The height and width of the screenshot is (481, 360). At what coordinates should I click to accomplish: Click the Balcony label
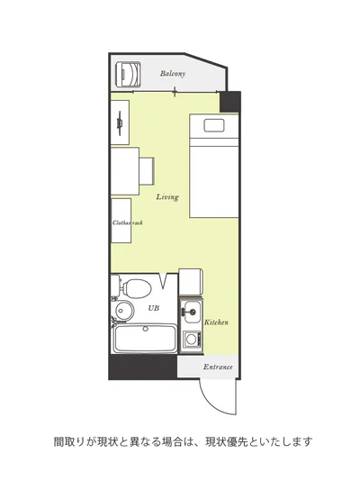(173, 74)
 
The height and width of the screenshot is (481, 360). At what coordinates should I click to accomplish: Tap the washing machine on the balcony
(128, 74)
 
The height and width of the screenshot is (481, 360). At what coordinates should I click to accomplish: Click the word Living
(167, 197)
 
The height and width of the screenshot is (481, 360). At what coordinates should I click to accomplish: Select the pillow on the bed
(214, 125)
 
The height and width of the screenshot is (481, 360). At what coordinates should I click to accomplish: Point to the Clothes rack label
(128, 223)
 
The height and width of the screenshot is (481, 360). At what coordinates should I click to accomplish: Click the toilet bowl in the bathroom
(137, 288)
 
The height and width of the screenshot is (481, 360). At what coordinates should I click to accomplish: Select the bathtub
(145, 339)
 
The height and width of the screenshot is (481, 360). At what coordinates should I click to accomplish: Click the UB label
(154, 308)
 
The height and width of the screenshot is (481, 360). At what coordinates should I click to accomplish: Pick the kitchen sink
(192, 312)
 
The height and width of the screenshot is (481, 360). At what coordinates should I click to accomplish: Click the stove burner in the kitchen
(191, 340)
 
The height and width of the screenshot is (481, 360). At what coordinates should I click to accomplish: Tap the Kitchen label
(216, 322)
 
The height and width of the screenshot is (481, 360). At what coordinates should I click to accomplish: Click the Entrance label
(218, 367)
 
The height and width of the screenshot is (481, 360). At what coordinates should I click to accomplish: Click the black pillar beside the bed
(230, 102)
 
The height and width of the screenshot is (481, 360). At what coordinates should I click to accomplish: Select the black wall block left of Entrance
(143, 367)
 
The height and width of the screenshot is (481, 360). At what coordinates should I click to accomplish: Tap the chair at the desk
(147, 171)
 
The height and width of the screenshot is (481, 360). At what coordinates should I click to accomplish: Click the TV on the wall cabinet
(120, 123)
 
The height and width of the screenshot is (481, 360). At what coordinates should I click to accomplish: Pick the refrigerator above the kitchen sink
(191, 282)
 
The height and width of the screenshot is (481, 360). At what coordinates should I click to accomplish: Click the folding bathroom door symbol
(164, 281)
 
